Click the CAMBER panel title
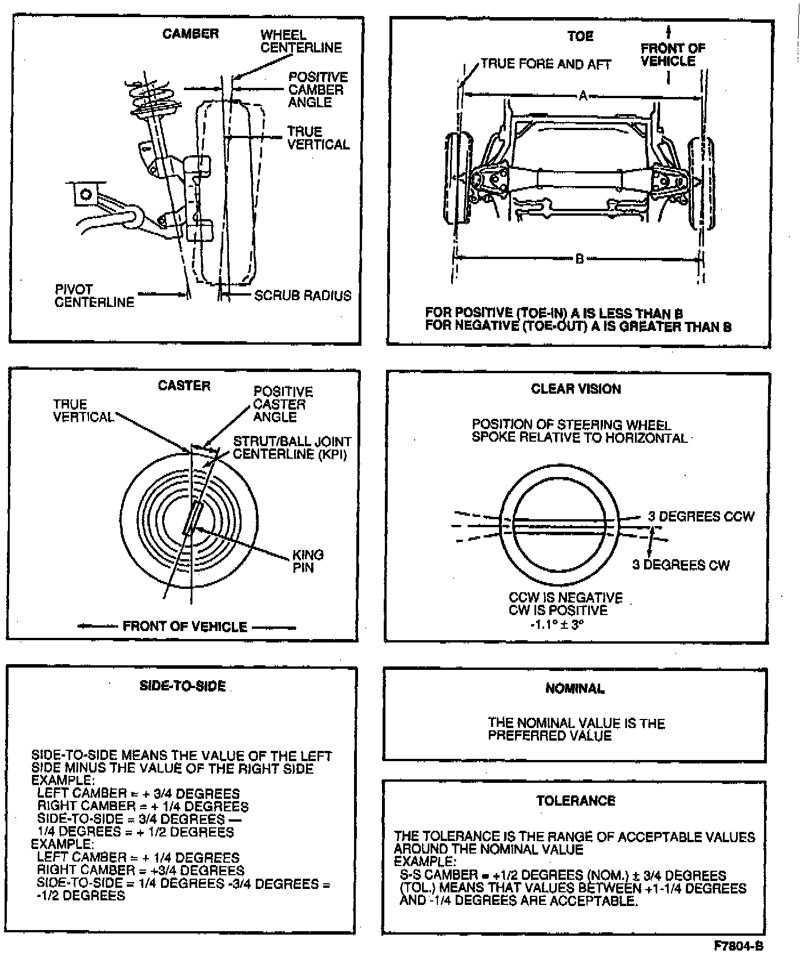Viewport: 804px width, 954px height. click(190, 34)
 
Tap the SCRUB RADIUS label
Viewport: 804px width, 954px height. click(303, 296)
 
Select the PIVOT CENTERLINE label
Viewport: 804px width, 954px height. click(94, 296)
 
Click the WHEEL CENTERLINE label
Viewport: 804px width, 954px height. click(301, 42)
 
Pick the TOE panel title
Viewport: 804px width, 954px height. click(580, 37)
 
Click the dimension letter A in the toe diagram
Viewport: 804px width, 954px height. click(583, 96)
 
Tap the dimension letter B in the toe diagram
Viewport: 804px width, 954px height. click(580, 259)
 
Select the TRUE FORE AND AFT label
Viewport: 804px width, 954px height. click(545, 64)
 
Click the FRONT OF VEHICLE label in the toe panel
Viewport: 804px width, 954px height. click(672, 55)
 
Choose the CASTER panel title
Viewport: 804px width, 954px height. click(184, 386)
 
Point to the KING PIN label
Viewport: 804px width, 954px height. click(308, 561)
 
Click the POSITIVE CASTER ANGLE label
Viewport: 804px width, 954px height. click(283, 404)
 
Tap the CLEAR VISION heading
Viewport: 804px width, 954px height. click(576, 389)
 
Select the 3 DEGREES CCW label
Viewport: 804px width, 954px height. click(701, 516)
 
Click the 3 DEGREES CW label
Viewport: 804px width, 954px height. click(681, 565)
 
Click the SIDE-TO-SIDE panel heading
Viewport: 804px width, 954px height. click(183, 686)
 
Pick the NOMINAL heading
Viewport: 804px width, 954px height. click(575, 689)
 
